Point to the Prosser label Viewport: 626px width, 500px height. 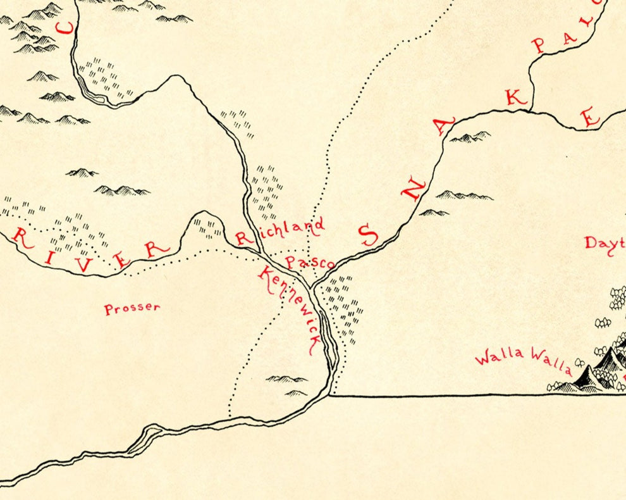(x=132, y=308)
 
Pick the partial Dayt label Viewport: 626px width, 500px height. (x=605, y=242)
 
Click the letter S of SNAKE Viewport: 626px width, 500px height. (x=368, y=235)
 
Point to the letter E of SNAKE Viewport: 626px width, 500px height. (x=590, y=117)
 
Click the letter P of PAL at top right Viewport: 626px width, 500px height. (x=539, y=44)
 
